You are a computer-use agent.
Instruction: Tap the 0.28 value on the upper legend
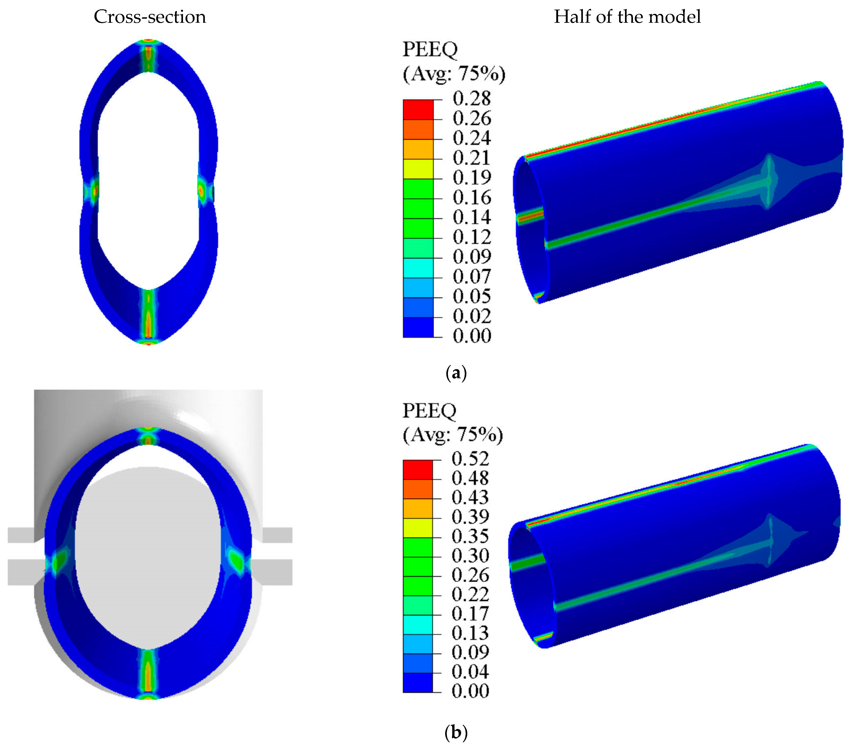click(x=472, y=99)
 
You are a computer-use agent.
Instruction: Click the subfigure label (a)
click(x=456, y=373)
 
